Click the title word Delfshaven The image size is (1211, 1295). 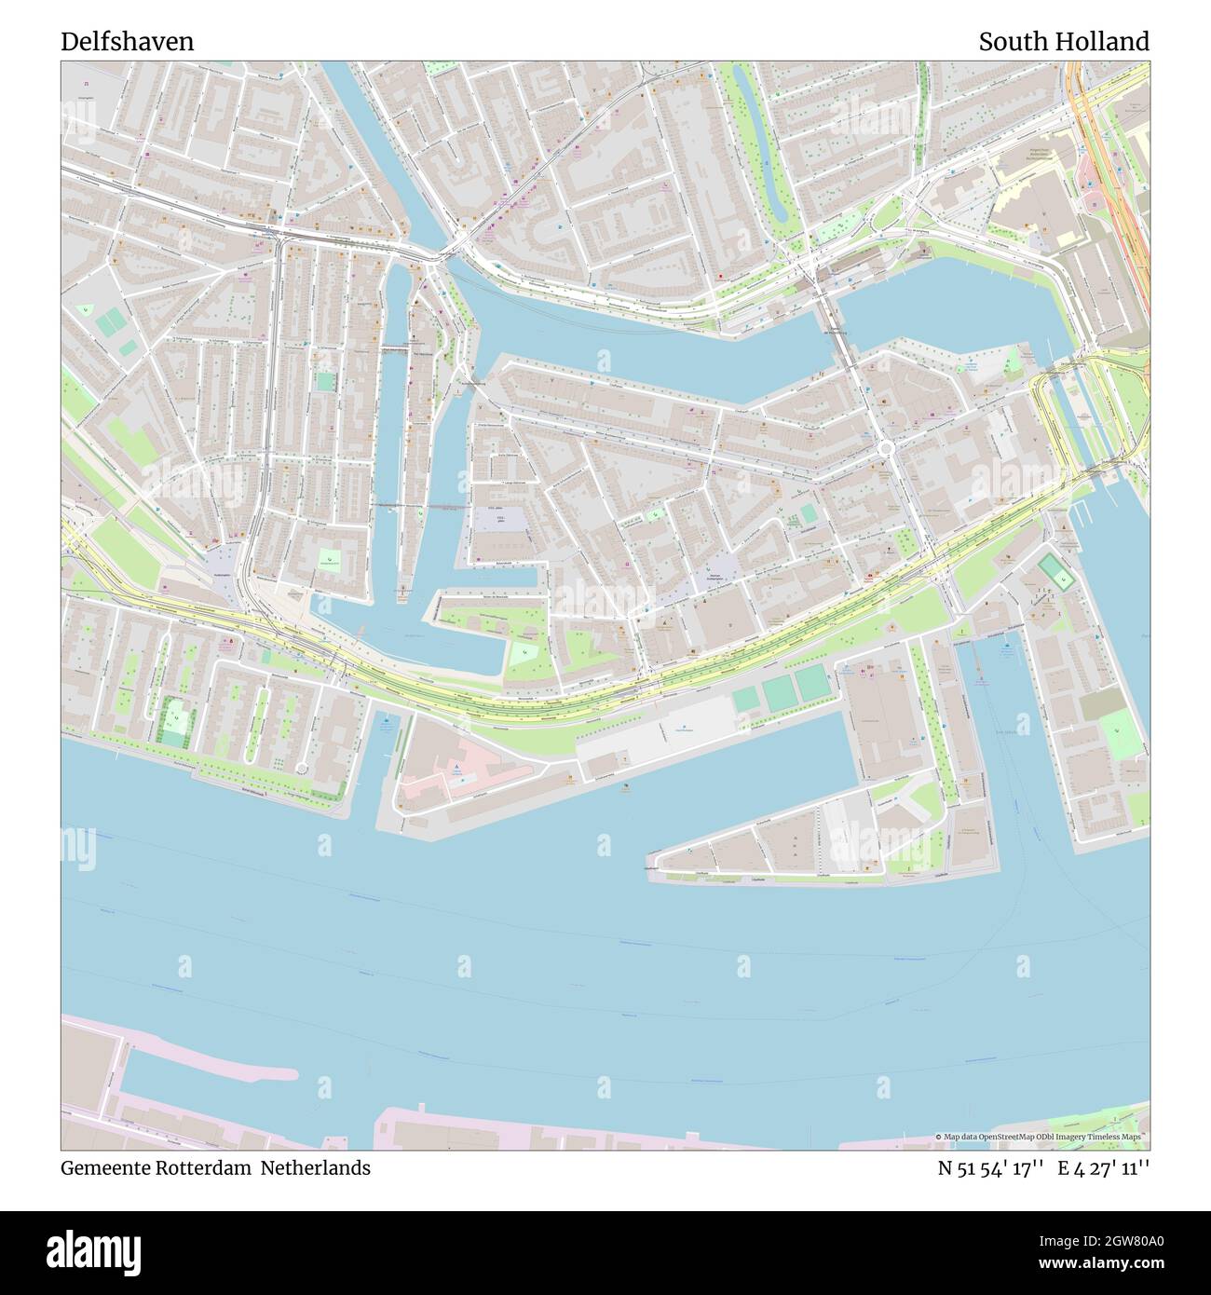tap(128, 42)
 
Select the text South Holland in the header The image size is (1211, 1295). tap(1064, 42)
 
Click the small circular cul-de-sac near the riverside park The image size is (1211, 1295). tap(301, 769)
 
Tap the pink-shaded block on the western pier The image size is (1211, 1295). tap(456, 770)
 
